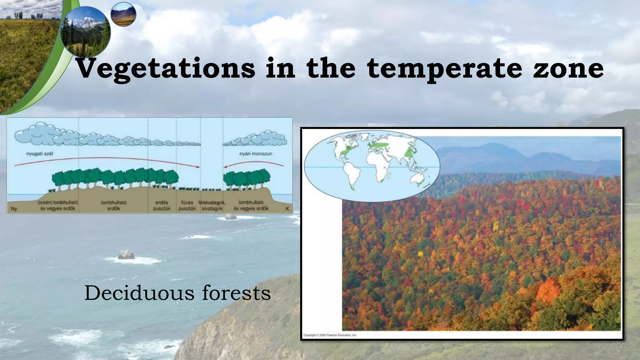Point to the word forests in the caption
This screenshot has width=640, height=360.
click(x=236, y=293)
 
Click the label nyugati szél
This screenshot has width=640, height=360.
click(x=40, y=154)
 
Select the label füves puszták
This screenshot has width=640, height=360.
click(x=187, y=206)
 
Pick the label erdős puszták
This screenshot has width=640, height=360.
click(x=162, y=206)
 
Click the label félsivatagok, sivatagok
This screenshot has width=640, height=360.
click(x=212, y=206)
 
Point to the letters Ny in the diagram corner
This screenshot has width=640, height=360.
click(x=14, y=209)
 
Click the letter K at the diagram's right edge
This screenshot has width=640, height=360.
click(x=287, y=209)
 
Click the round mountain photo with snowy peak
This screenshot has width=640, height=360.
click(x=85, y=31)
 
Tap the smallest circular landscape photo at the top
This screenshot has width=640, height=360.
click(x=123, y=14)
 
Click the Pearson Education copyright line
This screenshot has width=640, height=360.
click(x=330, y=335)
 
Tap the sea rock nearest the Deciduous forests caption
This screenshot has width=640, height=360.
click(x=126, y=254)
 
